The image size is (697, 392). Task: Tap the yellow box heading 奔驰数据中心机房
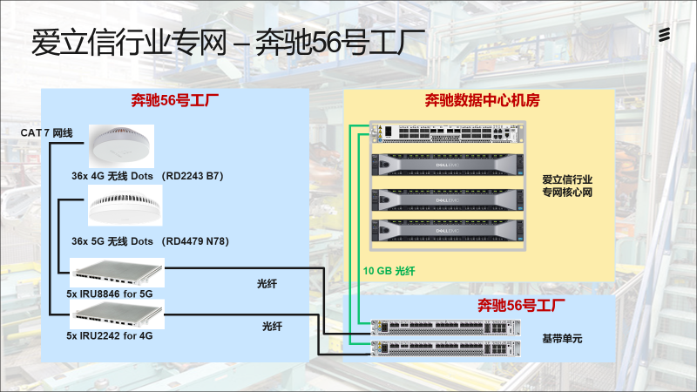483,100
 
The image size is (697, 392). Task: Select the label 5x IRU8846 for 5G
110,294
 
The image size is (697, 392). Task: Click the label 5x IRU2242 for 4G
110,335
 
